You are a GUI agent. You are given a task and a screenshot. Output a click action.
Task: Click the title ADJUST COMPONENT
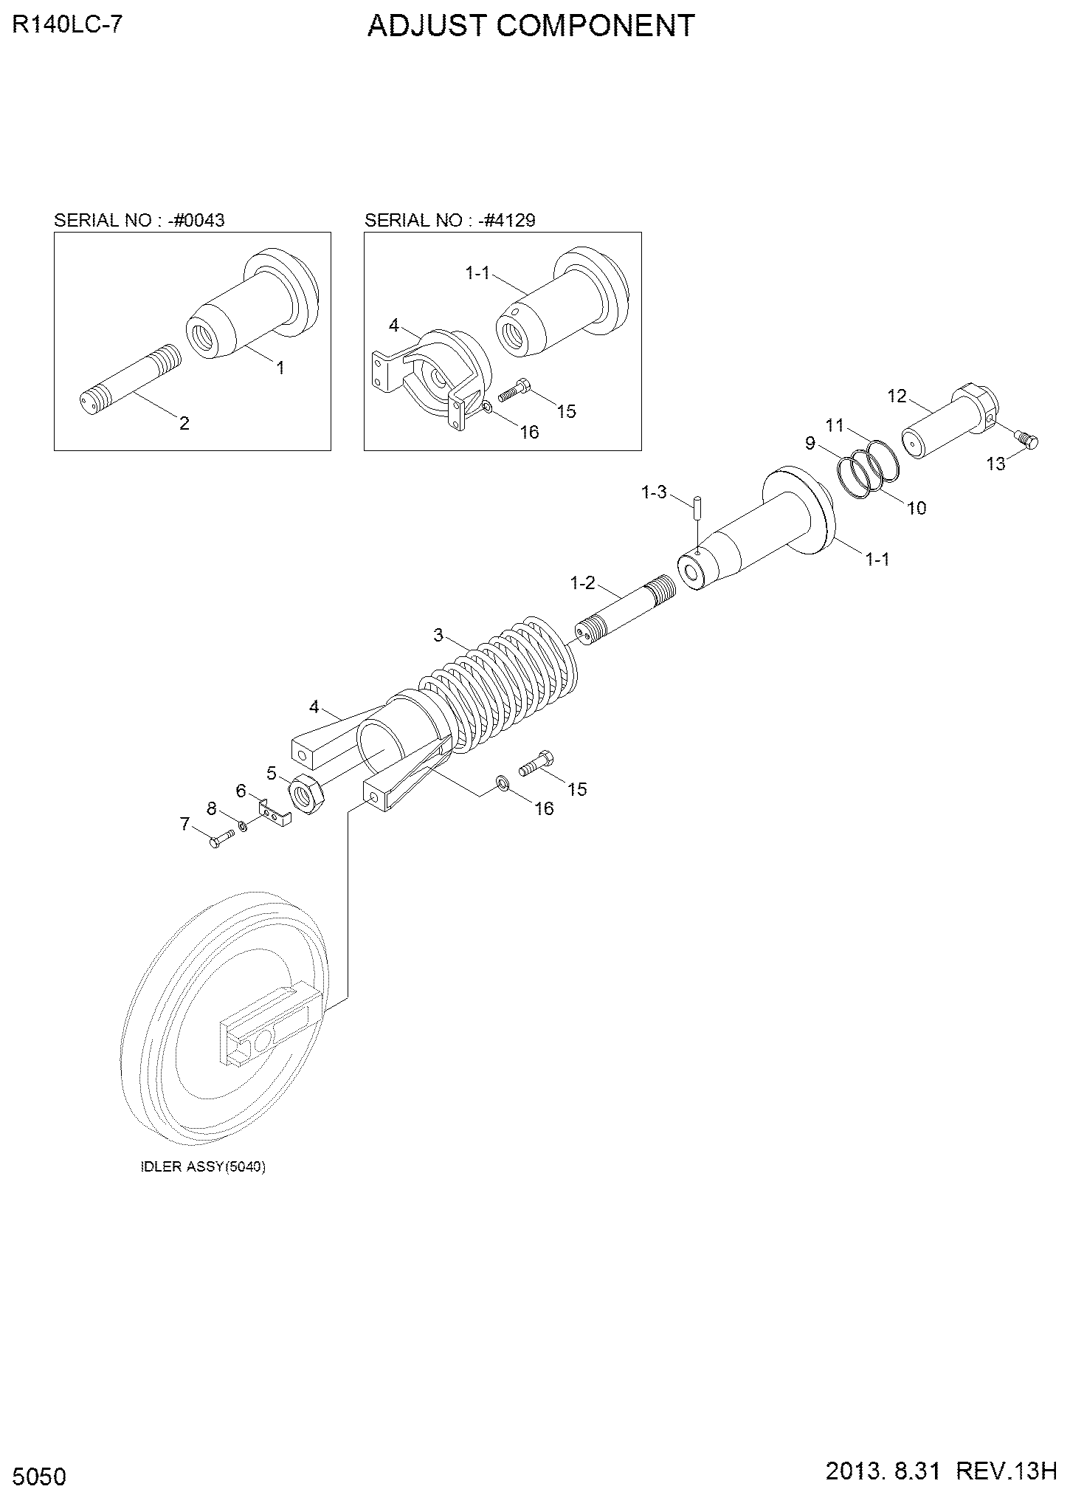531,26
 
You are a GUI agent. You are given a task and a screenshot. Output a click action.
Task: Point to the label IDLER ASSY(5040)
203,1167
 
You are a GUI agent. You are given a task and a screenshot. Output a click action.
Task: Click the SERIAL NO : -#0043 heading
139,220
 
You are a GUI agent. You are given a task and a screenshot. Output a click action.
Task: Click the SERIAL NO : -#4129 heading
450,220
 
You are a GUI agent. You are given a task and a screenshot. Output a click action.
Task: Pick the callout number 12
897,396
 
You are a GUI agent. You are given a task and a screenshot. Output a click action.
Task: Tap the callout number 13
996,464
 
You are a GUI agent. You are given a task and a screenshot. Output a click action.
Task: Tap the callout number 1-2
581,583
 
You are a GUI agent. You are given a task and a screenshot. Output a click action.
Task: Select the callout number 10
916,508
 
